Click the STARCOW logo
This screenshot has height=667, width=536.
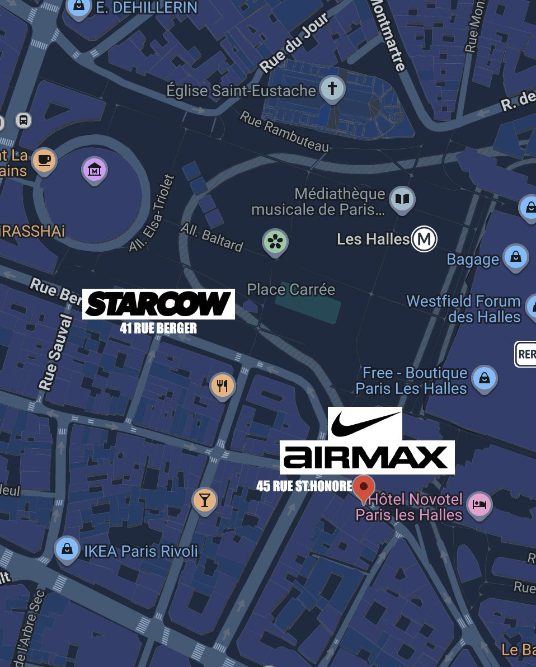pos(158,304)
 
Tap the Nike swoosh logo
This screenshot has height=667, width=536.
pos(365,424)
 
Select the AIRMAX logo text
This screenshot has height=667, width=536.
pos(366,457)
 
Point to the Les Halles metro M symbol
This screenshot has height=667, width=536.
pos(424,239)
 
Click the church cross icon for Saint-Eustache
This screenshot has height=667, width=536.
pos(332,88)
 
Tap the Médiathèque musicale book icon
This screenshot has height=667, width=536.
pos(402,199)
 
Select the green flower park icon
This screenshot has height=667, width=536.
pos(275,242)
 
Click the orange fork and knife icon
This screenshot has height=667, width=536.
pos(222,385)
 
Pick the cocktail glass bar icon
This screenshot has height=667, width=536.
pos(205,500)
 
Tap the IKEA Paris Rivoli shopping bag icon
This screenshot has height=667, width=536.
pos(67,548)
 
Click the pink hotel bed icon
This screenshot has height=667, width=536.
pos(480,504)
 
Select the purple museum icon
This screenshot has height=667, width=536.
pos(95,168)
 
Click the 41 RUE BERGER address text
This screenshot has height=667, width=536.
pos(158,328)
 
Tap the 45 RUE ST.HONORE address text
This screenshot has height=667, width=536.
pos(304,486)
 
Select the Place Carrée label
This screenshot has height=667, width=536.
pos(291,289)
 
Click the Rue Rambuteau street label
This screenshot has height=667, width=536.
pos(285,131)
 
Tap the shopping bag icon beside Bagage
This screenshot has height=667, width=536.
pos(515,257)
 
